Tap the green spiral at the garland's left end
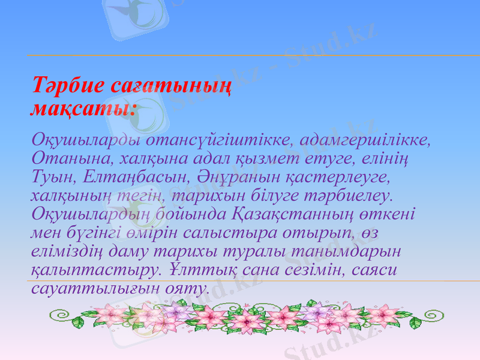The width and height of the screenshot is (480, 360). pyautogui.click(x=59, y=315)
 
